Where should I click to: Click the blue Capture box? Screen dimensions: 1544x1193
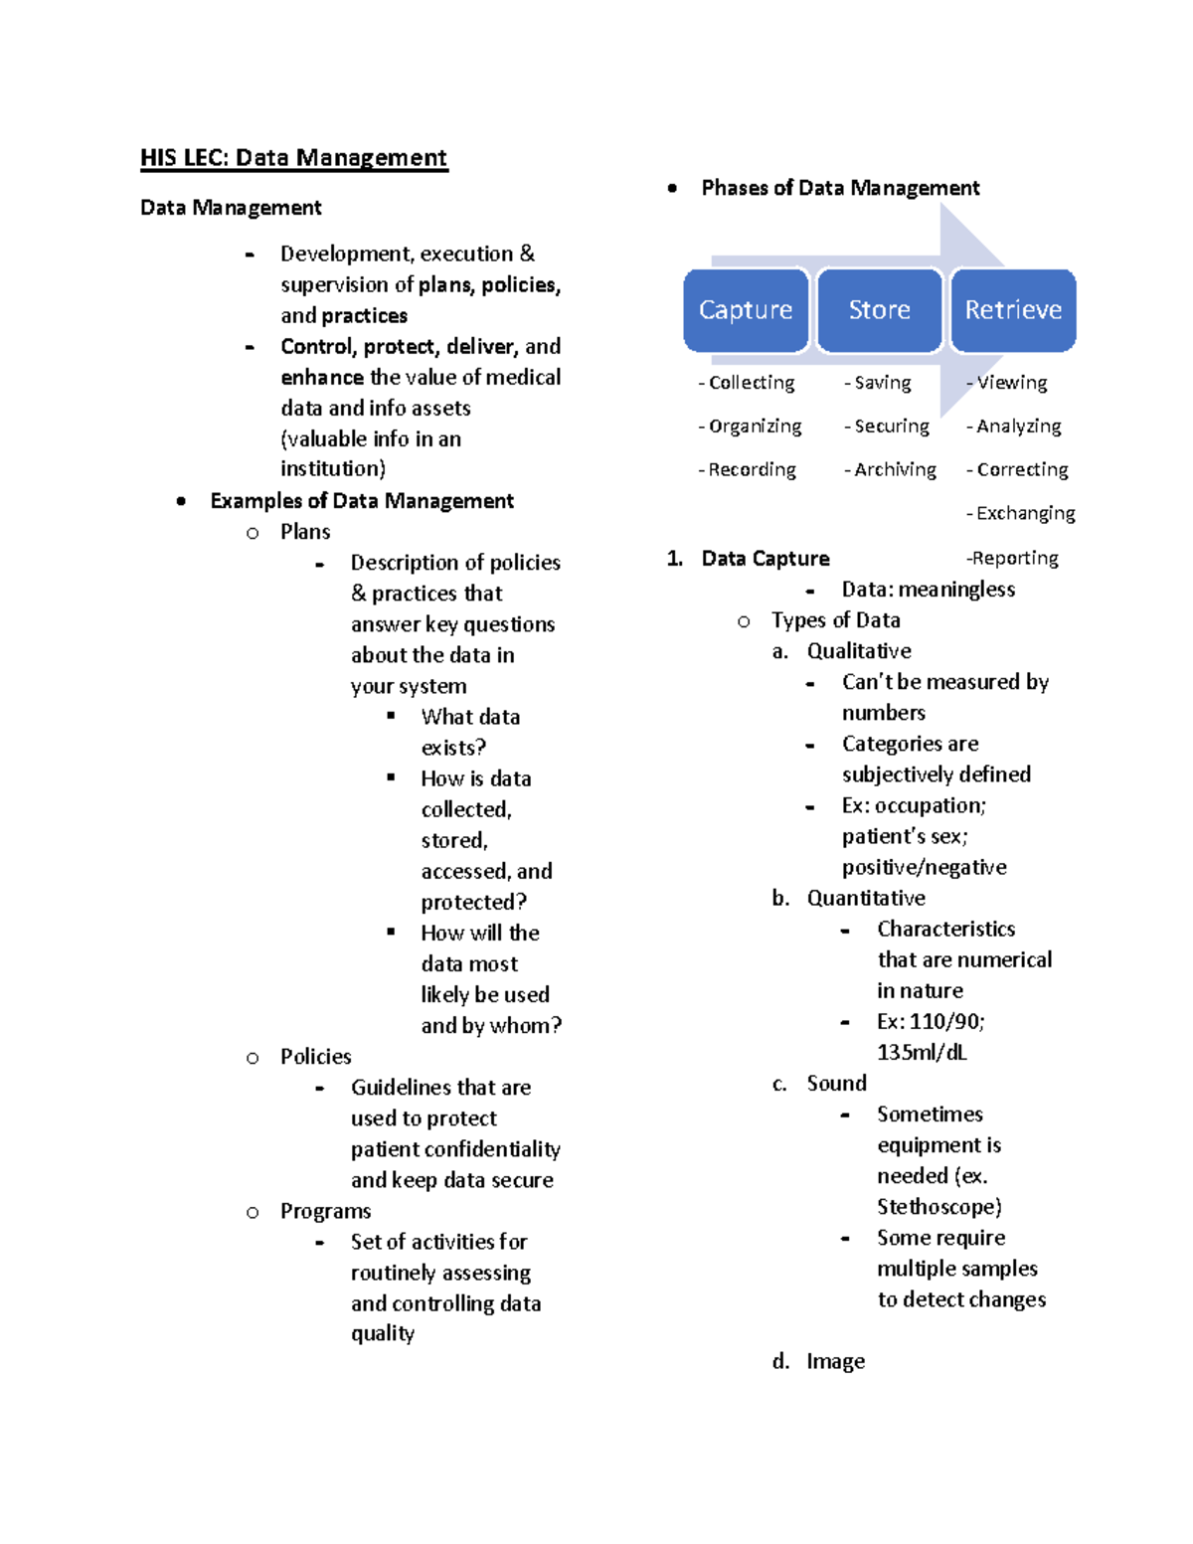pos(746,310)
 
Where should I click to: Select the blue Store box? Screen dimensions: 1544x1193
pos(879,310)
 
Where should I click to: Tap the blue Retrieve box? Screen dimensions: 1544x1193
pos(1013,310)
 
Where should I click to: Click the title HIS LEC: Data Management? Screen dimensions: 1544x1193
pos(293,158)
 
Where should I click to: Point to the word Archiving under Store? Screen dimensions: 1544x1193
pos(895,469)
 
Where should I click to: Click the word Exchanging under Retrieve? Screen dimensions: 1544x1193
pos(1025,513)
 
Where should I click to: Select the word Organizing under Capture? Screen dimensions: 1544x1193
pos(755,426)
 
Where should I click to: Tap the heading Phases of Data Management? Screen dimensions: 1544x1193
pos(840,188)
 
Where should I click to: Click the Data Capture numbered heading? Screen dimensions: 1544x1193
pos(765,559)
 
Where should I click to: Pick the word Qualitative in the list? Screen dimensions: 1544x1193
pos(859,651)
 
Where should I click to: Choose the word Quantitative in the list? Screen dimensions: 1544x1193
pos(866,899)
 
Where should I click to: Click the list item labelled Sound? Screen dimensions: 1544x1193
pos(836,1084)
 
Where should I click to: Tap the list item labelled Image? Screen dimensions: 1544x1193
pos(835,1361)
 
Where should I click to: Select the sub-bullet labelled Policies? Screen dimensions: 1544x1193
pos(315,1057)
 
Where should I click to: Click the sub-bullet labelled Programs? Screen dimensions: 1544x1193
pos(325,1211)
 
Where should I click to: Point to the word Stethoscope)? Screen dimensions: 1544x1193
pos(938,1207)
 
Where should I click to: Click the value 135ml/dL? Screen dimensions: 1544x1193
pos(922,1053)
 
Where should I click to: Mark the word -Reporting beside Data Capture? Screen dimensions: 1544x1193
pos(1012,558)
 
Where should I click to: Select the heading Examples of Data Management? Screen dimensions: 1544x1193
pos(362,501)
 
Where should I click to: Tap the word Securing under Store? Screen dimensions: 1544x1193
pos(892,426)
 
